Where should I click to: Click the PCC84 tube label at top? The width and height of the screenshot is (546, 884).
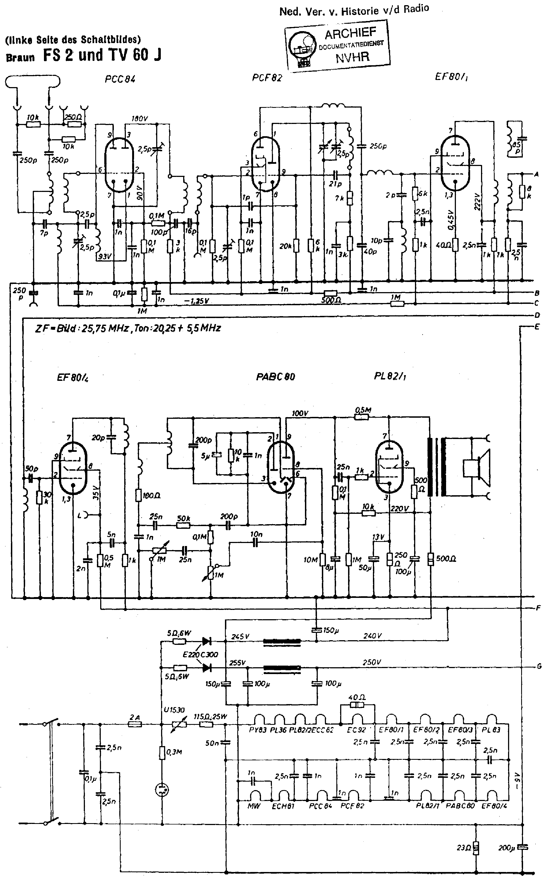[x=120, y=79]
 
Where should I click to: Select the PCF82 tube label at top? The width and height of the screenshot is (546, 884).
[x=267, y=78]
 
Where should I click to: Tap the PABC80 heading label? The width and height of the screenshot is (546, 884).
[x=275, y=377]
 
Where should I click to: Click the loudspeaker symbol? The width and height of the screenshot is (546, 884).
[x=477, y=468]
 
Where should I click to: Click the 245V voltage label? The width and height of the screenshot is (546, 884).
[x=240, y=636]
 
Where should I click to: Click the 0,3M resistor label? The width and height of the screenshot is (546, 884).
[x=174, y=752]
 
